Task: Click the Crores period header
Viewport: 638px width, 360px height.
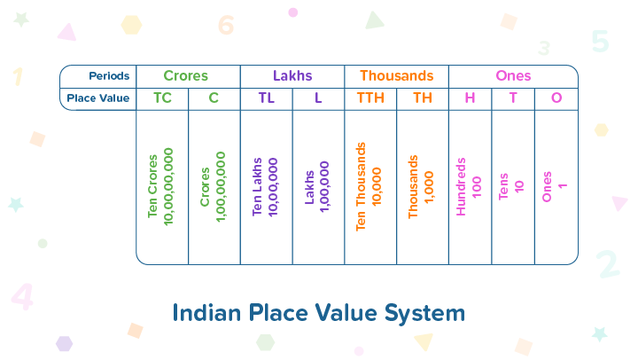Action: click(185, 75)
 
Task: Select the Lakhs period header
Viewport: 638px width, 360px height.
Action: click(292, 75)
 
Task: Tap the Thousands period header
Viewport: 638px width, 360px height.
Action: click(397, 75)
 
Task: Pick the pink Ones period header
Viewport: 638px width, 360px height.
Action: click(513, 75)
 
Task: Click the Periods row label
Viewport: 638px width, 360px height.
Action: click(109, 76)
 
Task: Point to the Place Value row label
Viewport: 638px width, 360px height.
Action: click(98, 98)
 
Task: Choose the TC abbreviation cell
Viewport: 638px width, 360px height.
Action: click(162, 98)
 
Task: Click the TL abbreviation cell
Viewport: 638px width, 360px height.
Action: click(267, 98)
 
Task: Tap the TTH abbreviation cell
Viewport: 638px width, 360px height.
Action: click(370, 98)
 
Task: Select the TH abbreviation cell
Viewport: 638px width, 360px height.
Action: click(423, 98)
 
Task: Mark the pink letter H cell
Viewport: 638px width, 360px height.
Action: click(470, 98)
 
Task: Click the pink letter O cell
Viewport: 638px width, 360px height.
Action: click(556, 98)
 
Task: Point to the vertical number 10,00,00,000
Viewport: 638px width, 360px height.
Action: click(168, 186)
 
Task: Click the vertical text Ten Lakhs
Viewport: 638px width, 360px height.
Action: click(257, 186)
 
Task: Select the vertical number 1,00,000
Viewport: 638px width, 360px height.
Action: click(324, 186)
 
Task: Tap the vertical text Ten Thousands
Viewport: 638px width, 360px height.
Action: click(361, 186)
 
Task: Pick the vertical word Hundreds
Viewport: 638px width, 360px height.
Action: click(461, 186)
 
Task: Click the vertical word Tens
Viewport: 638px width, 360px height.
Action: click(503, 186)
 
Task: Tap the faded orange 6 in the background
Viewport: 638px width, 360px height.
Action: click(226, 25)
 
